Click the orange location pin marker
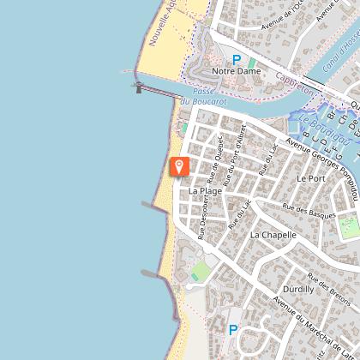(179, 166)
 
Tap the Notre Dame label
(236, 72)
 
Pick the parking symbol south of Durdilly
(232, 330)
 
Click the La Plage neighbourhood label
(205, 190)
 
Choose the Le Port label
(311, 178)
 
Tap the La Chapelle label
(273, 234)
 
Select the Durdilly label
(298, 290)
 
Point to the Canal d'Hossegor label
(342, 51)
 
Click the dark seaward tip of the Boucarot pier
(138, 87)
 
